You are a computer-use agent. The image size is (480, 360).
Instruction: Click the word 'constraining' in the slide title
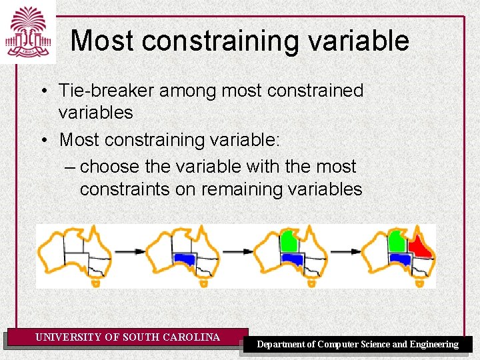214,41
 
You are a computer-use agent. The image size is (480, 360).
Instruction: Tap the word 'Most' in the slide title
103,41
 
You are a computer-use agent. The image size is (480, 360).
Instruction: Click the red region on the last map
420,245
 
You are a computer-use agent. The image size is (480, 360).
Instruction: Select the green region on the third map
290,239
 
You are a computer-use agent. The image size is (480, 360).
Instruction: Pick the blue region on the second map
184,259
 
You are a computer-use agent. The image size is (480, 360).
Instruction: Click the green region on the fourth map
397,239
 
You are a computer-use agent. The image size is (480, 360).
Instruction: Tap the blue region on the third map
293,259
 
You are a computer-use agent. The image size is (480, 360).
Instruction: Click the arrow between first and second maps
131,251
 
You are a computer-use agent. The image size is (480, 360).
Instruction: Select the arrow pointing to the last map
346,251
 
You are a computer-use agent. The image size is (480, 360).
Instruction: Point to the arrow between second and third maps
239,251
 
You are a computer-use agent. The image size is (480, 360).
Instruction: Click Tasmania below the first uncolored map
95,283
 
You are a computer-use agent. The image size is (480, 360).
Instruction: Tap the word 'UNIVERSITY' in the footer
69,337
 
